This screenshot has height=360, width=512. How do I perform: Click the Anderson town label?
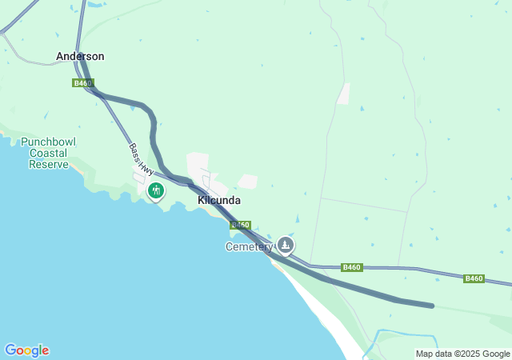click(x=80, y=57)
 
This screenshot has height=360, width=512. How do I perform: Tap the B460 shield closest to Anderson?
click(x=82, y=83)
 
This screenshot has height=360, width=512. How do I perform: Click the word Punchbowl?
click(x=49, y=141)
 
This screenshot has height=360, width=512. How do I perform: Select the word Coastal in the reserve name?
click(x=49, y=153)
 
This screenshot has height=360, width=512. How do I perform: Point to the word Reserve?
click(x=49, y=164)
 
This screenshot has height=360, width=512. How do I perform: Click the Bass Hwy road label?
click(x=141, y=159)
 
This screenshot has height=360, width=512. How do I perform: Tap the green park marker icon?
click(x=156, y=190)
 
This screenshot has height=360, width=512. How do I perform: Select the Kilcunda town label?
click(x=218, y=201)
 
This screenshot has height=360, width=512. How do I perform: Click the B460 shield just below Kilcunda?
click(x=241, y=226)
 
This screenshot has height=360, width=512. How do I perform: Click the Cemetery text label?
click(x=249, y=246)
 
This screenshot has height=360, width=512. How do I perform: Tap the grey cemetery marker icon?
click(x=286, y=245)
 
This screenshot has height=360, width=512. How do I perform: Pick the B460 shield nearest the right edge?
click(x=474, y=278)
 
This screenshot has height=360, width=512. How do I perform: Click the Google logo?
click(x=26, y=350)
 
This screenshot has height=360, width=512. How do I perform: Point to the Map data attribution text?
click(x=463, y=354)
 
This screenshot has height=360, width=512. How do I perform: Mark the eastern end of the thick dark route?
click(x=431, y=306)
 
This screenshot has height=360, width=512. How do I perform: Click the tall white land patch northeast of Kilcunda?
click(x=343, y=94)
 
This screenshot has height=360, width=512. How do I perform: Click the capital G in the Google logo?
click(x=10, y=350)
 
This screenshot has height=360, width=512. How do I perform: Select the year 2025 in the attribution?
click(x=470, y=354)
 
